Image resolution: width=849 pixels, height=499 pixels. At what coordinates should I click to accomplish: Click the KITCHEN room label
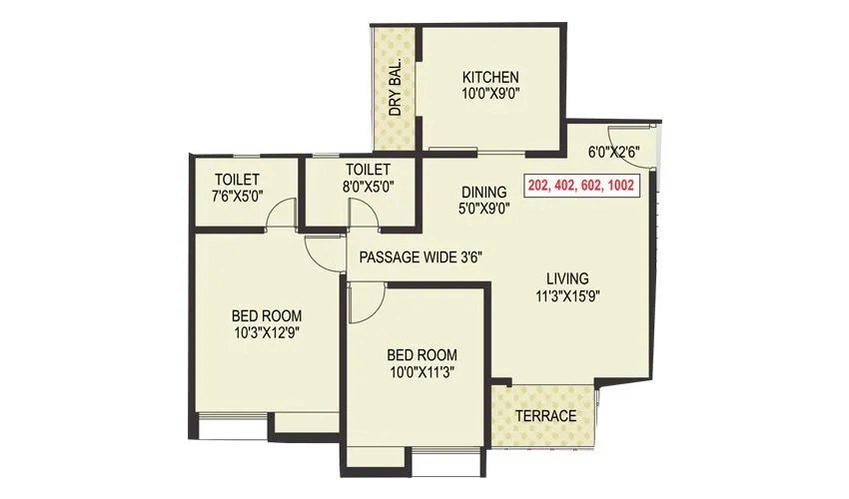[489, 78]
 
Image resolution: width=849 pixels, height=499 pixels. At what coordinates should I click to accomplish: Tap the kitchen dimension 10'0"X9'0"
[489, 95]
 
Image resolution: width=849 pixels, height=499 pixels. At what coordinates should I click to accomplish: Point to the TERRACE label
[546, 415]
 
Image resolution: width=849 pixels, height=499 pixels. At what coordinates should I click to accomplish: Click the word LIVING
[566, 278]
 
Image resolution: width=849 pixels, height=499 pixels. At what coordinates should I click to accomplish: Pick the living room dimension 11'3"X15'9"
[566, 295]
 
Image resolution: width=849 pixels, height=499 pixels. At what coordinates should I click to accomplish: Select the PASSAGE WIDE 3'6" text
[421, 256]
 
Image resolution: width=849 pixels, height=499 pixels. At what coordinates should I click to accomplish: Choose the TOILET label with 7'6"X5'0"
[238, 179]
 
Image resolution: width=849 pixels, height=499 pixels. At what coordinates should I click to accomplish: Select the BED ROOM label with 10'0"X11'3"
[422, 355]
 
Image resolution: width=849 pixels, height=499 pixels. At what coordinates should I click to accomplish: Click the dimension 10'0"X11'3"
[422, 372]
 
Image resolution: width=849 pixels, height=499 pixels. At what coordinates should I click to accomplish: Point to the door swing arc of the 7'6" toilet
[285, 213]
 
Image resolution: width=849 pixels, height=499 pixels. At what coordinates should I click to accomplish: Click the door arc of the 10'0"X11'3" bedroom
[366, 301]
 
